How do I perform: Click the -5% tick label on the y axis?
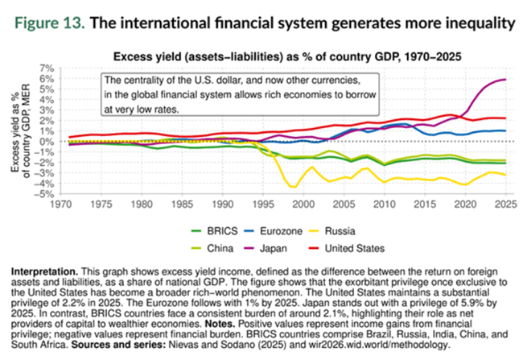(x=46, y=194)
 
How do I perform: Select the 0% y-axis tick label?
(x=47, y=142)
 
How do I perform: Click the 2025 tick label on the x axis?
(x=504, y=205)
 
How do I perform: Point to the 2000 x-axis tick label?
(x=301, y=205)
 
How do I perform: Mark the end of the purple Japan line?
(x=505, y=79)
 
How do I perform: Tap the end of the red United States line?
(x=505, y=118)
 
